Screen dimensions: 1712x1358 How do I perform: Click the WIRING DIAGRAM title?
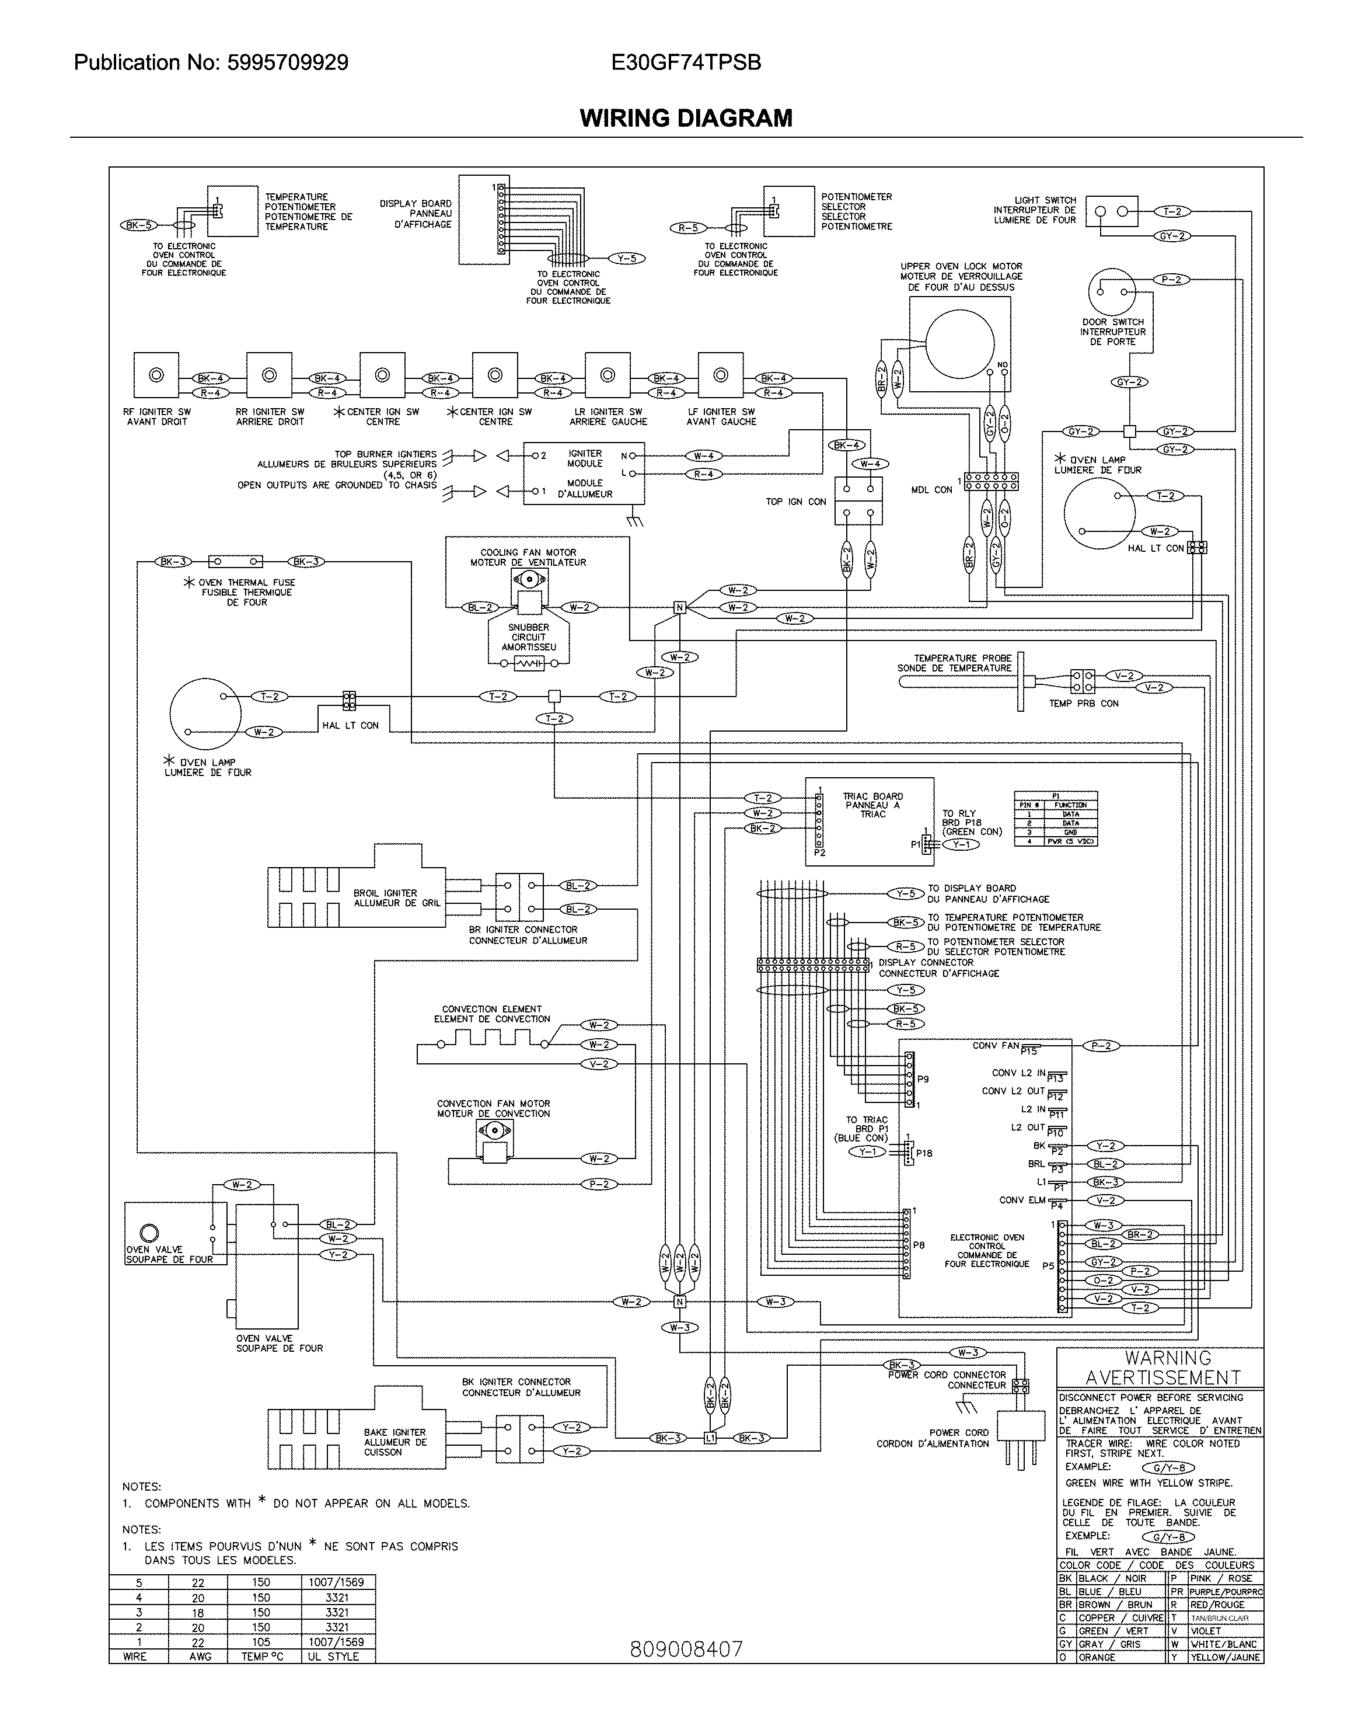coord(686,119)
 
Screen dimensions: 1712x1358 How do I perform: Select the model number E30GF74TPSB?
coord(686,62)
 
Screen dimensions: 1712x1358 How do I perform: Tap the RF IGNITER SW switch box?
coord(156,375)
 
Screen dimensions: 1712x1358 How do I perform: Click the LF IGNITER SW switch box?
coord(720,375)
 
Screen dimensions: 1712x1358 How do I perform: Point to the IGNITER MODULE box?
coord(584,474)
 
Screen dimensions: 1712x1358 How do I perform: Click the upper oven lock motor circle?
coord(959,344)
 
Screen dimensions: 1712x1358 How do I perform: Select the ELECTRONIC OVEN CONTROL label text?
coord(987,1250)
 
